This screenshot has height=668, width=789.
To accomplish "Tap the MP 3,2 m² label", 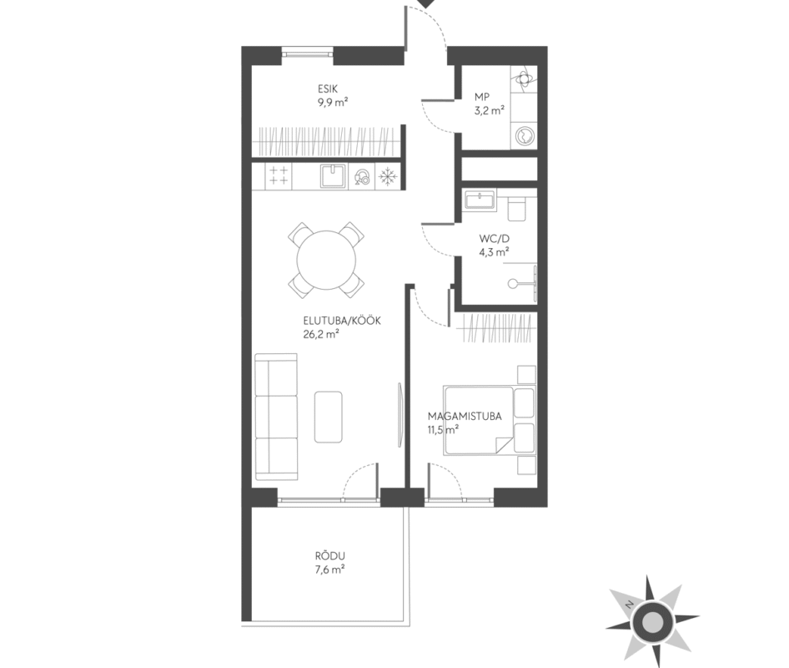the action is click(x=489, y=104).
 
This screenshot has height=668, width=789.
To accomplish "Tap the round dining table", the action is click(x=327, y=260).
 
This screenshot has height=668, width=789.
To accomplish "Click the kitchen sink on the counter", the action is click(x=333, y=176).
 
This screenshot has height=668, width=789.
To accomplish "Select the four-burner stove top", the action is click(x=279, y=176).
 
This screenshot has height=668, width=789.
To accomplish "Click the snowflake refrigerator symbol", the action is click(x=388, y=176).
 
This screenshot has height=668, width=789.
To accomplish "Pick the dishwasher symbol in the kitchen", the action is click(x=362, y=177).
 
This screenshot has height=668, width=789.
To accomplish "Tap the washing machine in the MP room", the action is click(x=524, y=135).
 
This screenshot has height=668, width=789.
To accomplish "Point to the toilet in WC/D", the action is click(x=517, y=208).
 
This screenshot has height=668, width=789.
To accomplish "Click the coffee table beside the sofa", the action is click(x=329, y=417).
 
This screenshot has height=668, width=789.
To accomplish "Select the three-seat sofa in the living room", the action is click(x=276, y=417).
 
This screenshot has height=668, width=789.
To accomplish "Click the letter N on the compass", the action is click(x=629, y=605).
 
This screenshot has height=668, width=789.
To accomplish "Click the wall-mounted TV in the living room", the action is click(x=400, y=415).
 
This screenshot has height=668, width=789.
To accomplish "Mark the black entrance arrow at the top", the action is click(x=427, y=3).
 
